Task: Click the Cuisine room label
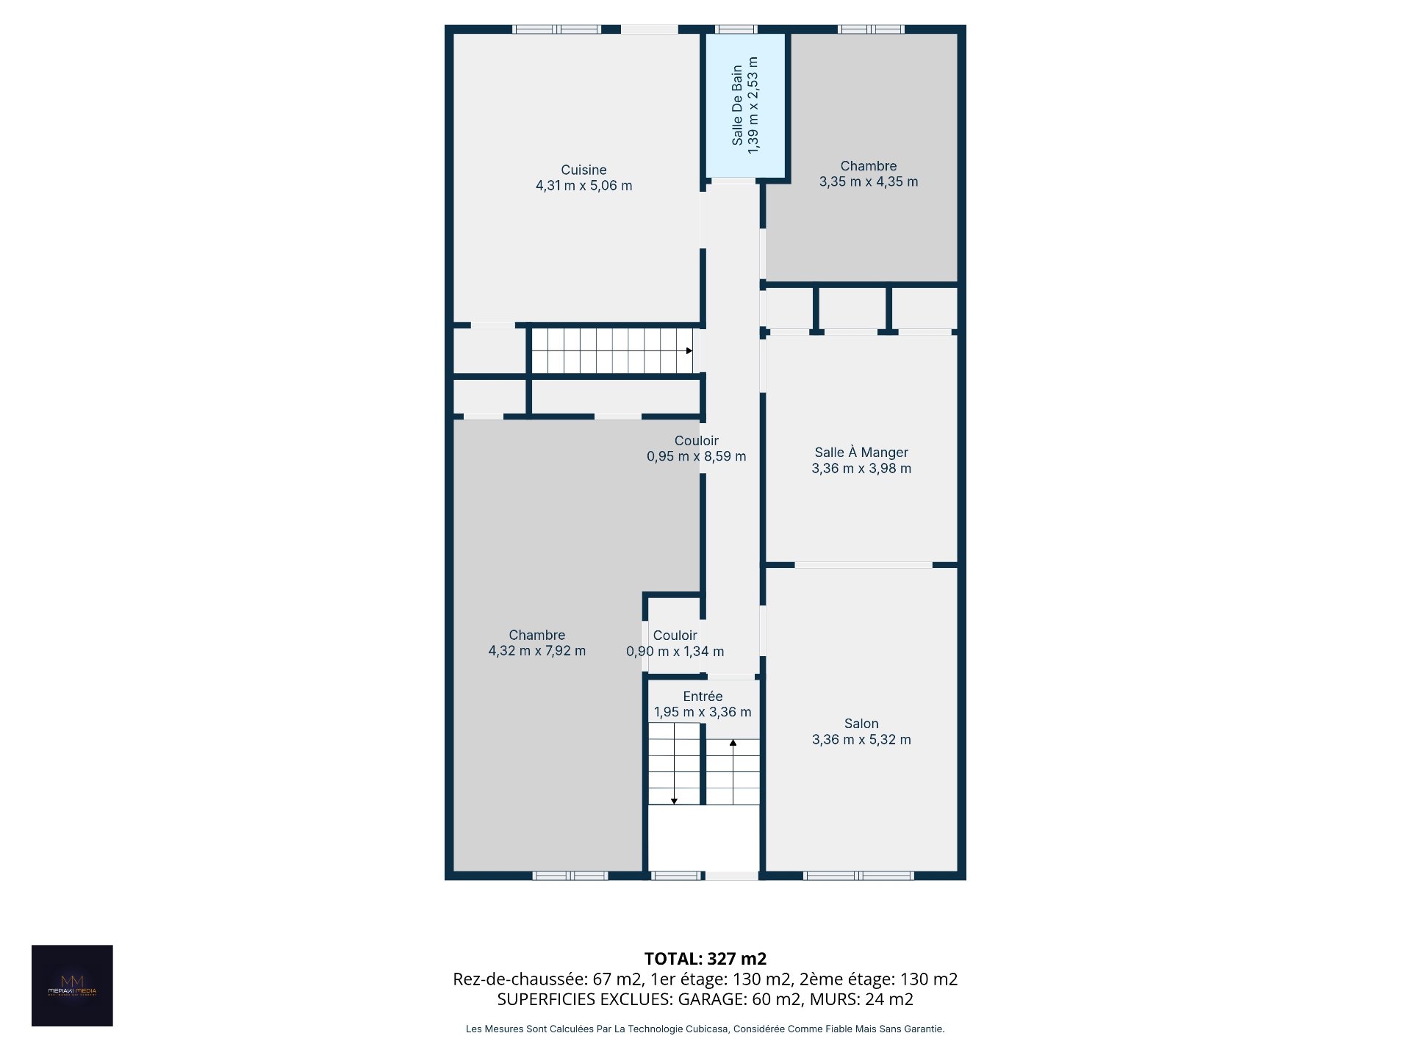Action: [584, 170]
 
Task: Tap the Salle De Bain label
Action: [737, 105]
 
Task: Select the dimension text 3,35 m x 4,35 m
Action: [869, 181]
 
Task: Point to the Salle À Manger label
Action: [861, 453]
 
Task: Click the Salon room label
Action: [861, 724]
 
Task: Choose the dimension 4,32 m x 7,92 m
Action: [537, 651]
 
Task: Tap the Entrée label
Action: [703, 696]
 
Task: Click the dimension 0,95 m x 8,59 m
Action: [697, 456]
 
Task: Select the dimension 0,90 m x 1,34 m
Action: [675, 652]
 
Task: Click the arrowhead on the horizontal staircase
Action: [689, 350]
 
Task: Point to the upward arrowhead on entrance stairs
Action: [733, 743]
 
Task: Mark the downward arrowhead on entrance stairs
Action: [674, 801]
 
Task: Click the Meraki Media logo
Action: [72, 985]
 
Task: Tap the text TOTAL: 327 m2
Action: [705, 959]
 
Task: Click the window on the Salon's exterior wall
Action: [858, 876]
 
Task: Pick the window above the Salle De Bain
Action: [736, 29]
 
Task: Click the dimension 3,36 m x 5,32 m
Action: [861, 740]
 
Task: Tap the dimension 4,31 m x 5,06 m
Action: [584, 186]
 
